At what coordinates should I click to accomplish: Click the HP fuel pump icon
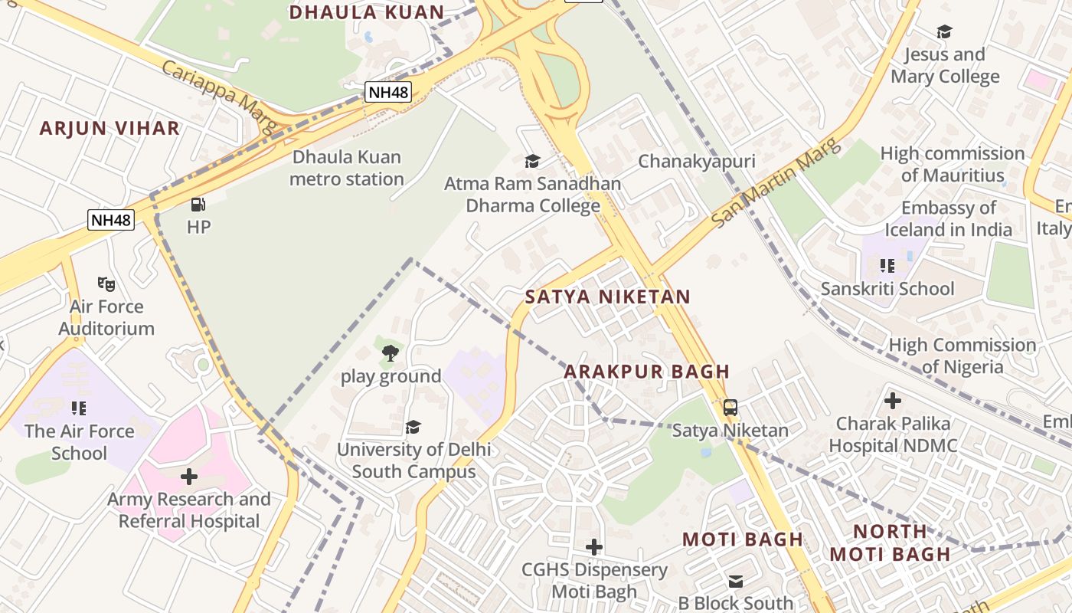tap(198, 205)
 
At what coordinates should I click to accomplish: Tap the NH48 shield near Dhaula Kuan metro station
tap(388, 93)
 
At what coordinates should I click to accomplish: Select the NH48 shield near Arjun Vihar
tap(111, 221)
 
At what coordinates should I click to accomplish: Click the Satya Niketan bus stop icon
tap(730, 408)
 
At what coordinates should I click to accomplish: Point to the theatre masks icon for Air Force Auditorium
tap(106, 284)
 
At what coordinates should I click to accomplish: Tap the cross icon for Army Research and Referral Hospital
tap(189, 477)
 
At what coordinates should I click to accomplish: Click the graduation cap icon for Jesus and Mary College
tap(944, 32)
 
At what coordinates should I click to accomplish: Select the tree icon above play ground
tap(390, 353)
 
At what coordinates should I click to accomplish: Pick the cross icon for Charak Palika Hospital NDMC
tap(892, 401)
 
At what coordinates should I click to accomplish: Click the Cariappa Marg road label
tap(218, 97)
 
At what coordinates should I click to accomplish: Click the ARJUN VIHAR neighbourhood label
tap(109, 128)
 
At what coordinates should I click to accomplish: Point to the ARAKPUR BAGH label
tap(647, 372)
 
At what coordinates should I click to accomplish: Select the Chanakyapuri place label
tap(696, 161)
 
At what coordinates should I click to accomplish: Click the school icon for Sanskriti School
tap(887, 266)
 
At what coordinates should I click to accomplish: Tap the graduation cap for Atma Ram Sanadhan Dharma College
tap(532, 161)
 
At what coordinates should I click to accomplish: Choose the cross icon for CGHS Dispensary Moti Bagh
tap(593, 547)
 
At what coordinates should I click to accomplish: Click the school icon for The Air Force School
tap(78, 408)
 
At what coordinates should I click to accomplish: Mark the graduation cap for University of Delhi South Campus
tap(413, 427)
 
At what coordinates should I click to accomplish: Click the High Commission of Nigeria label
tap(962, 356)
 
